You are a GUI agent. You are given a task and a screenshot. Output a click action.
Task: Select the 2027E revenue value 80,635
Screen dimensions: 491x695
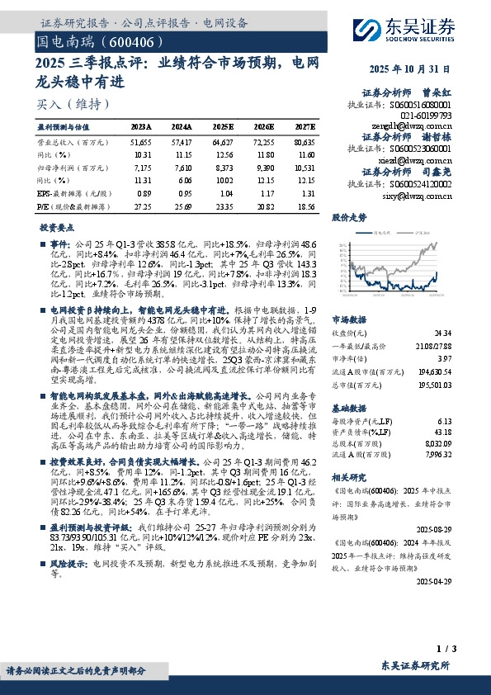click(305, 143)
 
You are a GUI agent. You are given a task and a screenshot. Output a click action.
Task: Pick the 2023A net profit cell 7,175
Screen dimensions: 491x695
click(142, 167)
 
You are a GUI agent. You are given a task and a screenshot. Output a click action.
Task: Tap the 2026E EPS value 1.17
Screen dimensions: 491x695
click(264, 191)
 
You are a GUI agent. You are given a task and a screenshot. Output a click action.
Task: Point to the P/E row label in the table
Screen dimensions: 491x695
click(67, 202)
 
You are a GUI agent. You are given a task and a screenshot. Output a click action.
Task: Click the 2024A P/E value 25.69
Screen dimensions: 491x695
click(182, 202)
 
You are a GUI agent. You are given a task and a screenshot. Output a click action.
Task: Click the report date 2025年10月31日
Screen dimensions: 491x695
click(410, 69)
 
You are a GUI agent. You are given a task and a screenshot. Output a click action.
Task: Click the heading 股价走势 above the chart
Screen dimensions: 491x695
click(348, 219)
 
